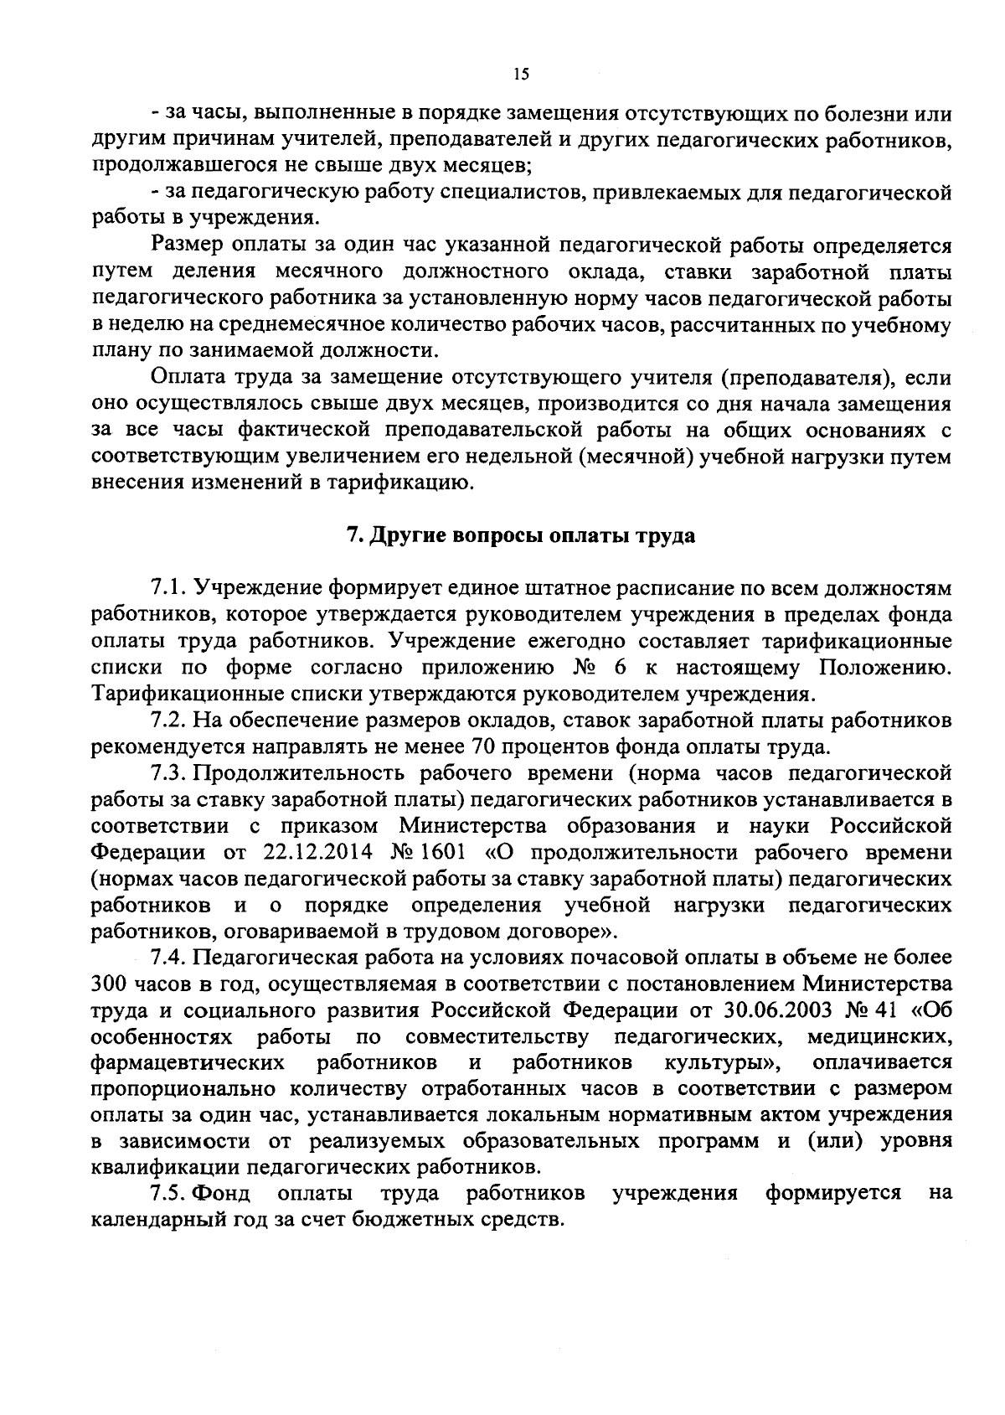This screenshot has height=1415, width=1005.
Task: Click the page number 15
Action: [x=520, y=75]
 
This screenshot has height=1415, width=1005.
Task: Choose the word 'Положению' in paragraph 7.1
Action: [x=885, y=668]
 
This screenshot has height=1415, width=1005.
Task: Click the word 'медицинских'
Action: [x=879, y=1037]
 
